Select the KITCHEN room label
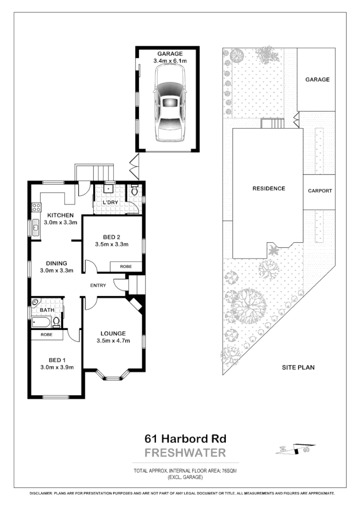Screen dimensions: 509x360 pyautogui.click(x=61, y=215)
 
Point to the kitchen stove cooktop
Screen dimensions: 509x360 pyautogui.click(x=37, y=208)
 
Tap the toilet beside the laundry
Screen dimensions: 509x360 pyautogui.click(x=134, y=191)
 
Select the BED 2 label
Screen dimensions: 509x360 pyautogui.click(x=111, y=237)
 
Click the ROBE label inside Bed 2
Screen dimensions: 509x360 pyautogui.click(x=125, y=267)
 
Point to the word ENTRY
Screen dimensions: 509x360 pyautogui.click(x=98, y=285)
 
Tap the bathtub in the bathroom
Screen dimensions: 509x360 pyautogui.click(x=42, y=323)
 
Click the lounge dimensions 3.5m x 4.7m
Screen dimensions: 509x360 pyautogui.click(x=113, y=340)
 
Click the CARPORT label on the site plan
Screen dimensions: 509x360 pyautogui.click(x=319, y=191)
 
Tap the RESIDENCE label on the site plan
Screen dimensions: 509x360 pyautogui.click(x=268, y=188)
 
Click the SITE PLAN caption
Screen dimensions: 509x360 pyautogui.click(x=298, y=367)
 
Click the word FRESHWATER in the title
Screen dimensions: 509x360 pyautogui.click(x=185, y=453)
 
